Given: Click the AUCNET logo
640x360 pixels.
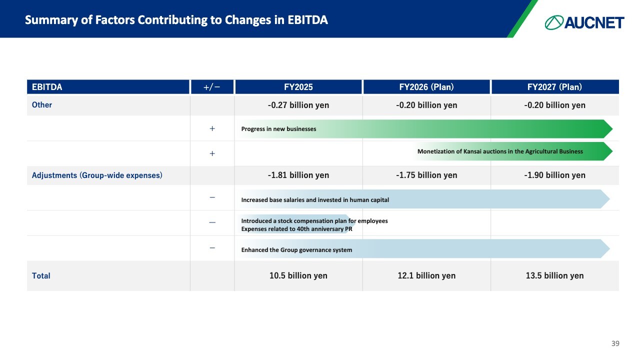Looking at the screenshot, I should tap(584, 22).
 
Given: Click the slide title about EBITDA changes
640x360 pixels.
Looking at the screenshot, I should tap(176, 20).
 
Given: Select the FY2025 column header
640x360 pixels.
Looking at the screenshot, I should tap(298, 87).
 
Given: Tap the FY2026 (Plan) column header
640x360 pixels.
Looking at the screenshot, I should tap(426, 87).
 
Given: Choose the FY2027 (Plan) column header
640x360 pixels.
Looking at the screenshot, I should tap(554, 87).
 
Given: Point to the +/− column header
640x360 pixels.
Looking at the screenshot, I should tap(212, 87).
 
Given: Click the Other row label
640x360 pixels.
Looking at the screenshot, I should tap(42, 105).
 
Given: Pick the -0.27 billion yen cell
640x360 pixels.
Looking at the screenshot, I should tap(298, 105).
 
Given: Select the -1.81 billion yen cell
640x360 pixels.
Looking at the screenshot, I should tap(298, 175).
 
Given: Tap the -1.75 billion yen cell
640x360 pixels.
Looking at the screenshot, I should tap(426, 175).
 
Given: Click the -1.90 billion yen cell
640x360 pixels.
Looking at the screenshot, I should tap(554, 175).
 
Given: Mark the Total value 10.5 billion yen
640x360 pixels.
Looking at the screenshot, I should tap(298, 275).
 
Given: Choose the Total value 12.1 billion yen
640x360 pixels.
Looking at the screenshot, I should tap(426, 275).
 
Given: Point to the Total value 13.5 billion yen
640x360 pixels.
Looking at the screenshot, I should tap(554, 275).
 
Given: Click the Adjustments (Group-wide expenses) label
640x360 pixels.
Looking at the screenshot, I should tap(97, 175).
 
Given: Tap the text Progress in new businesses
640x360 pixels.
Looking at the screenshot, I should tap(278, 129).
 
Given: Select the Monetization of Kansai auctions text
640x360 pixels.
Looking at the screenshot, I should tap(500, 151).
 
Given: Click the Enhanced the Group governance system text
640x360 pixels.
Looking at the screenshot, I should tap(296, 250).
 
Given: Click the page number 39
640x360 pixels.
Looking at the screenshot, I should tap(615, 343).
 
